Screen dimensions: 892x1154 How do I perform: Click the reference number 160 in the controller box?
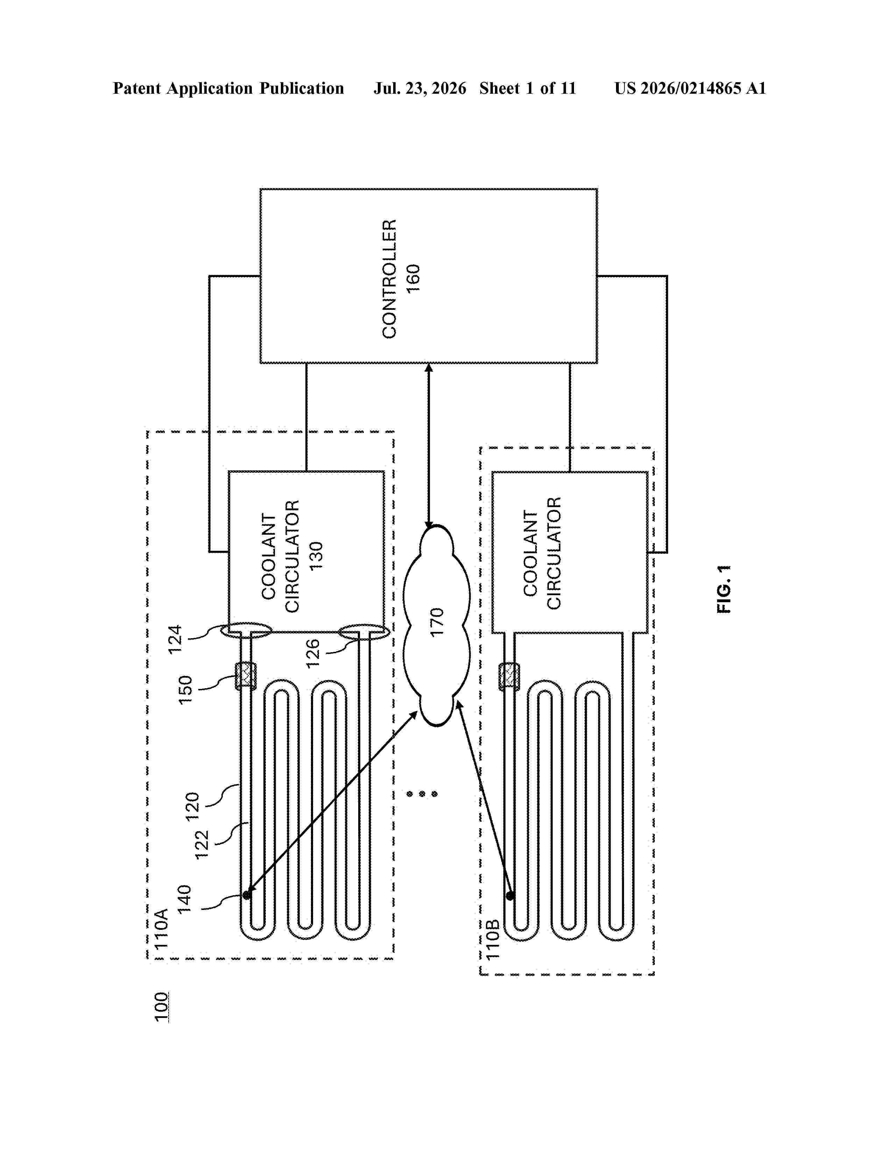click(x=413, y=278)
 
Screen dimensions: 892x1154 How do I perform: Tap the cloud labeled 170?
click(x=437, y=625)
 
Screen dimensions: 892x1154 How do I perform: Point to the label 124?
click(x=175, y=639)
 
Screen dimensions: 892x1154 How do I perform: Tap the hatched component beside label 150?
click(x=245, y=676)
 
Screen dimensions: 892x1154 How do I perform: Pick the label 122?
click(x=203, y=845)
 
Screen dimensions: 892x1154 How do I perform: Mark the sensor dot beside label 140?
click(x=246, y=895)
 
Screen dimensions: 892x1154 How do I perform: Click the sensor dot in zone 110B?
click(x=510, y=896)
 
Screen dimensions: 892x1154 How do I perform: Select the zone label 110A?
click(x=161, y=928)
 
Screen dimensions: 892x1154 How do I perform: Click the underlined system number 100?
click(x=161, y=1007)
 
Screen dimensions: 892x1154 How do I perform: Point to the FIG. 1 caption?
click(x=724, y=589)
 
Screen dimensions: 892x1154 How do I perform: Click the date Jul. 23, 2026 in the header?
click(x=420, y=89)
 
